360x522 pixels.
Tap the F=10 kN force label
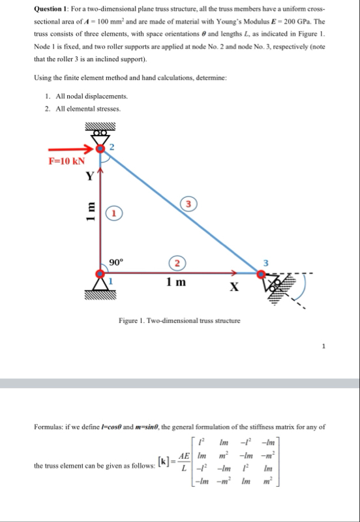(67, 161)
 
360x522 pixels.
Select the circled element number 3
(188, 204)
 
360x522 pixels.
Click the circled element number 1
(114, 213)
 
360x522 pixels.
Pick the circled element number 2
(177, 264)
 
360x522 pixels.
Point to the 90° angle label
(116, 262)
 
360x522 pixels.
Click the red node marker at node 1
(100, 273)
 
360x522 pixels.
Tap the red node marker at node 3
(262, 274)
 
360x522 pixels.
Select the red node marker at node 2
(100, 149)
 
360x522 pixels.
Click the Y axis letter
(90, 176)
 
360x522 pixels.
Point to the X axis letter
(234, 286)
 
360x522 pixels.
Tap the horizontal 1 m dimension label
(176, 283)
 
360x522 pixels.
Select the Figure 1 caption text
(179, 320)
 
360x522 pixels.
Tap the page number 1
(323, 346)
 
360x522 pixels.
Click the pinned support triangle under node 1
(100, 284)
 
